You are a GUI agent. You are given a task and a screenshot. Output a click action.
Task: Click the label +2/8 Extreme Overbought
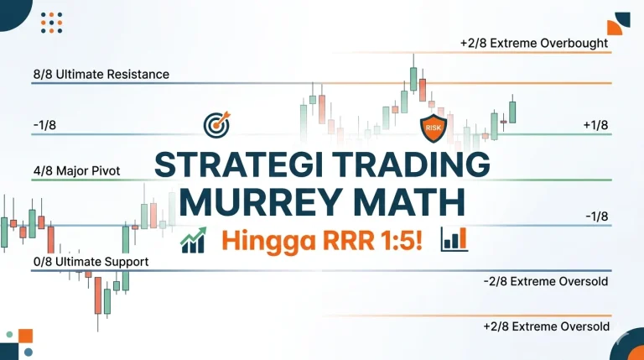[533, 43]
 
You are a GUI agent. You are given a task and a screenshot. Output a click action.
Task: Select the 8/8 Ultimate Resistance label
[101, 74]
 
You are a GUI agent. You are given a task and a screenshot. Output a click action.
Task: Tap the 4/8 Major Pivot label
[76, 170]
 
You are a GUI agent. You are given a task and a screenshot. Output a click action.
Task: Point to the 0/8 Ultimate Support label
[91, 262]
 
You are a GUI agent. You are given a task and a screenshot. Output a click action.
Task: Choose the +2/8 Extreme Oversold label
[546, 326]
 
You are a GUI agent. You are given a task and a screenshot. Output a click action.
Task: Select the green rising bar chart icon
[195, 241]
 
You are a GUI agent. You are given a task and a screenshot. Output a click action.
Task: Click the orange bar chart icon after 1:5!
[454, 239]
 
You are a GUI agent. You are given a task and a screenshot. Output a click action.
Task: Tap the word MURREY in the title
[252, 203]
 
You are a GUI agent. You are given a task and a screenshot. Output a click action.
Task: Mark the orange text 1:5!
[401, 240]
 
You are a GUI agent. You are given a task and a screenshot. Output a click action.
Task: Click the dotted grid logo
[52, 23]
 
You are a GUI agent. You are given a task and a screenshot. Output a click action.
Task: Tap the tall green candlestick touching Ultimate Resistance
[413, 78]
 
